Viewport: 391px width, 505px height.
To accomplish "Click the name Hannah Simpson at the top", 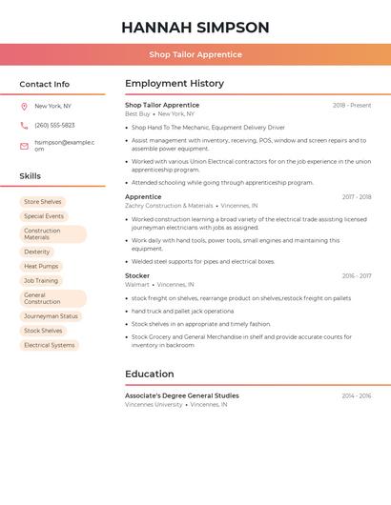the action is (195, 28).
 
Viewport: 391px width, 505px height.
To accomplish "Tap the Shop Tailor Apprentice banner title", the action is (195, 54).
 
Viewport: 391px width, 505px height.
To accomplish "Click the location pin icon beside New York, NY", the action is (24, 106).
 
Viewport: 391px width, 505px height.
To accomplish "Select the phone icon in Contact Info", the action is (24, 125).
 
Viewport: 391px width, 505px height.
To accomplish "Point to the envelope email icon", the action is (24, 146).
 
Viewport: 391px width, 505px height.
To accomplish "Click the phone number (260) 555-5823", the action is (54, 125).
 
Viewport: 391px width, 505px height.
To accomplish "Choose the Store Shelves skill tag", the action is (43, 202).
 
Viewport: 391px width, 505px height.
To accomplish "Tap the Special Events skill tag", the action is (44, 216).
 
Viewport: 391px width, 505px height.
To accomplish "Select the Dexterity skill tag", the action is (37, 252).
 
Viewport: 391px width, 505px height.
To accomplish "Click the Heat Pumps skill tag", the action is (41, 266).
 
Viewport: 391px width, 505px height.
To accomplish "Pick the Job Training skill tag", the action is (41, 281).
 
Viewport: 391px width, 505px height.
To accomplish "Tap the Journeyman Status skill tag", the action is (51, 316).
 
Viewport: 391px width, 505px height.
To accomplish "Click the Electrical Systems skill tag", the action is (50, 345).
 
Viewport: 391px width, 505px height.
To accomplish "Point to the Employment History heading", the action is (175, 84).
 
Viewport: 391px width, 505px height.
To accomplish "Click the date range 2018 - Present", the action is (352, 105).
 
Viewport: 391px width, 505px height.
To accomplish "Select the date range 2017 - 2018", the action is (357, 197).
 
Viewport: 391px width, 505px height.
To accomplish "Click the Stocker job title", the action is (137, 276).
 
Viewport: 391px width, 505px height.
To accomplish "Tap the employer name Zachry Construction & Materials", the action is (169, 206).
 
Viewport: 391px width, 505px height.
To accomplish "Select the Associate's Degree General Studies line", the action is (182, 395).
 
